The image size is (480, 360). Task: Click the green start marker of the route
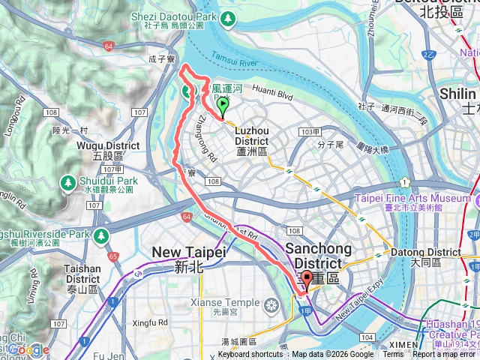coord(222,112)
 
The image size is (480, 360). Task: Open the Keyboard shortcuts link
coord(252,355)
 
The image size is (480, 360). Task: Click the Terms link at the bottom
coord(392,355)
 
